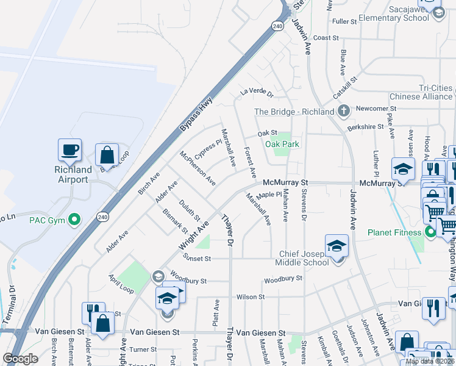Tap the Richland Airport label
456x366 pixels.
[73, 174]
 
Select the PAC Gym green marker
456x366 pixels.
[74, 218]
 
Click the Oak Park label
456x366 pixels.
[282, 144]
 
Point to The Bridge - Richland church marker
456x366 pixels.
[344, 112]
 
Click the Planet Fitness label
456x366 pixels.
[394, 232]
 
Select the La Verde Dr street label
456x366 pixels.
[256, 92]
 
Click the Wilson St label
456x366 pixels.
[251, 297]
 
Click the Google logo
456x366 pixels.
[20, 359]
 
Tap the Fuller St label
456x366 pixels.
[344, 21]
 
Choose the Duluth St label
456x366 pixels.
[189, 209]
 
